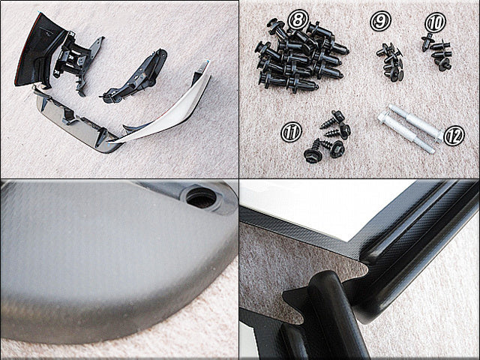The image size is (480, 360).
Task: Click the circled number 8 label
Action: pos(298,19)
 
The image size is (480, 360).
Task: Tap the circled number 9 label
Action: pos(380,21)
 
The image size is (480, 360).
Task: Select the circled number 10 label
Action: pos(435,22)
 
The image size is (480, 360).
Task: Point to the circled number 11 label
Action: pos(291,132)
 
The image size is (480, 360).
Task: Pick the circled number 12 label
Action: pos(454,135)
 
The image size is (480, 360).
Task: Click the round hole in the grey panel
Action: pos(201,198)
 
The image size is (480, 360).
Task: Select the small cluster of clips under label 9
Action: pos(390,63)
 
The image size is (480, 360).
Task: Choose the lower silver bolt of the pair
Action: pos(406,133)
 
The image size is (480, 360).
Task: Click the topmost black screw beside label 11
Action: pos(334,118)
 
